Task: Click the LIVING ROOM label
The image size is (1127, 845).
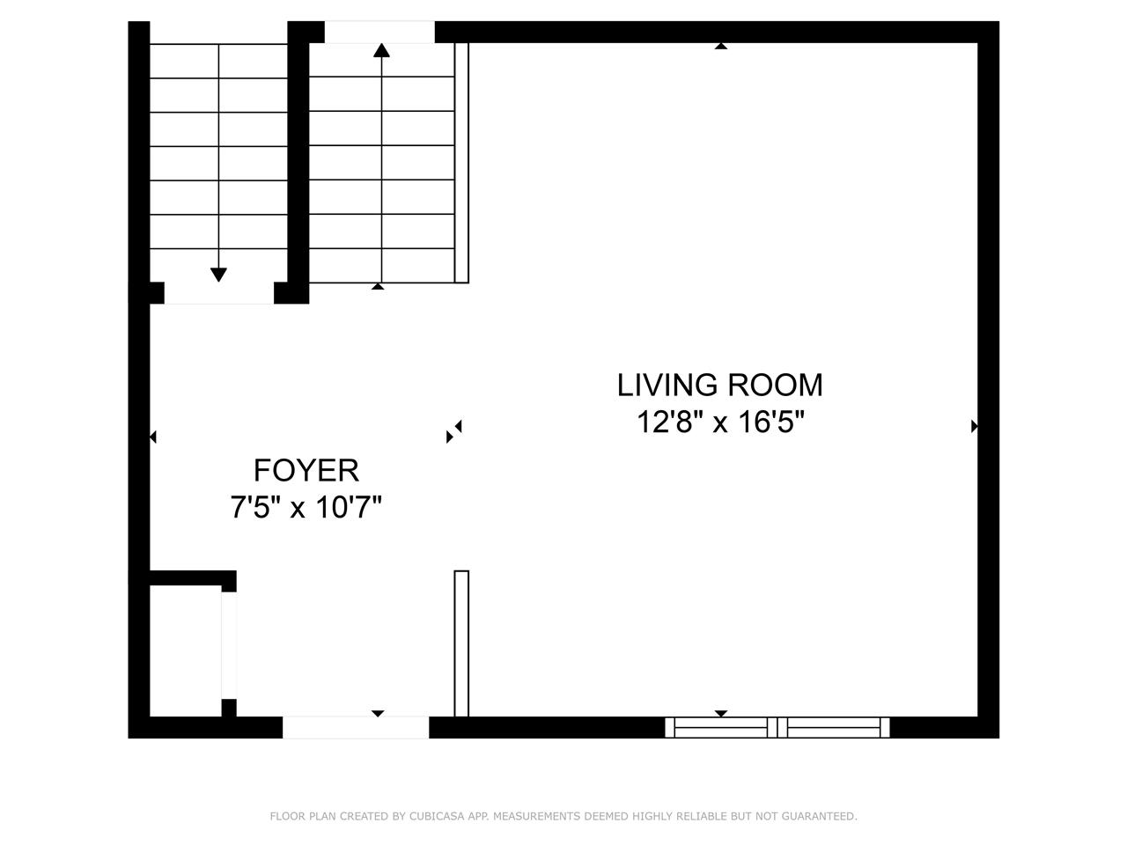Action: click(719, 385)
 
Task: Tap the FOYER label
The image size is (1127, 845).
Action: click(306, 470)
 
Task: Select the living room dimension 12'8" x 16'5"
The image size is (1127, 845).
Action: click(719, 422)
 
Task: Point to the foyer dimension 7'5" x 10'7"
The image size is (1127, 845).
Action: click(306, 507)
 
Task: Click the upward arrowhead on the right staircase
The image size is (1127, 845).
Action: click(381, 50)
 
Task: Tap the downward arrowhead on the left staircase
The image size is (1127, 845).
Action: click(218, 275)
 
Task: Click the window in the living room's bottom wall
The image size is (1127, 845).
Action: click(777, 727)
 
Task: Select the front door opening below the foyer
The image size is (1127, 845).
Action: click(356, 727)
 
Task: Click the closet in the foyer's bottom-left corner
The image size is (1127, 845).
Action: click(186, 650)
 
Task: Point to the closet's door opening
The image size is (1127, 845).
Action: click(229, 645)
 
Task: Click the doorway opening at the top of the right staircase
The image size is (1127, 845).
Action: click(379, 32)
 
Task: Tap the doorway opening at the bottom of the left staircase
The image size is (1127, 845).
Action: click(218, 293)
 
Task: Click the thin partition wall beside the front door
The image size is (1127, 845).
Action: click(461, 643)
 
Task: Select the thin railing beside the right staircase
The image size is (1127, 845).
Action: click(461, 163)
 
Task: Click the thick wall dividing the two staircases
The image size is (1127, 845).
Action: click(298, 163)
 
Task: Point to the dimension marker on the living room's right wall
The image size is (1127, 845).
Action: click(974, 426)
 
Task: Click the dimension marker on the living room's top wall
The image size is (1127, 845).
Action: click(721, 46)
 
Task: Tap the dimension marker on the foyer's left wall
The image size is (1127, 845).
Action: click(153, 437)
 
